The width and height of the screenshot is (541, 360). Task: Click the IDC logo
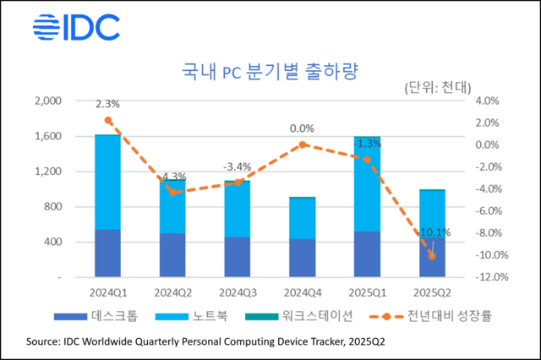75,26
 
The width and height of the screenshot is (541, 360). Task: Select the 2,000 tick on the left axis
48,101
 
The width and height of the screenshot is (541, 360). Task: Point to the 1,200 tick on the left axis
48,172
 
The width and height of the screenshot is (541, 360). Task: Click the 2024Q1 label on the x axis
107,292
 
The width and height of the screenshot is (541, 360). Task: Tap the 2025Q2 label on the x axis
432,292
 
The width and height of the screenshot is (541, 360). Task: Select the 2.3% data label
107,105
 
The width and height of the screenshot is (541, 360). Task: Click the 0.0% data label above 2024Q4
302,128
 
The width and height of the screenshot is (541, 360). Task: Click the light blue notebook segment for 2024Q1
107,182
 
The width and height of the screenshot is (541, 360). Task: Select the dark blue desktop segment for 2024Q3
238,257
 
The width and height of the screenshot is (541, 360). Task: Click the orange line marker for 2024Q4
302,145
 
